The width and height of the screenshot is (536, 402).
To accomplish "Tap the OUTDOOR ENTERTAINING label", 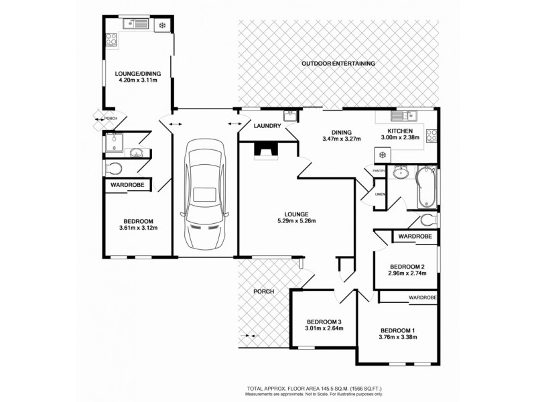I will click(338, 64).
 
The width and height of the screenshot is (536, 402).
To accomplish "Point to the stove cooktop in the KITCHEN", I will click(432, 136).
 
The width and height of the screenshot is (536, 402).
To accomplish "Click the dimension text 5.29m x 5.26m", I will click(296, 221).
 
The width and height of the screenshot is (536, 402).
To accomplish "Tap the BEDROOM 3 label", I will click(324, 320).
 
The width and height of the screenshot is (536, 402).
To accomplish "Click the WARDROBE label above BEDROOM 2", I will click(414, 237).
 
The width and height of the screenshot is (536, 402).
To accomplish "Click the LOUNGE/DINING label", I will click(136, 73).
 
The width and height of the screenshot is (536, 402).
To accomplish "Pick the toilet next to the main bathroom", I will click(427, 220).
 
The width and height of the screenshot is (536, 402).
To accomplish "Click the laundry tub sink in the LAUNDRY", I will click(289, 116).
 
